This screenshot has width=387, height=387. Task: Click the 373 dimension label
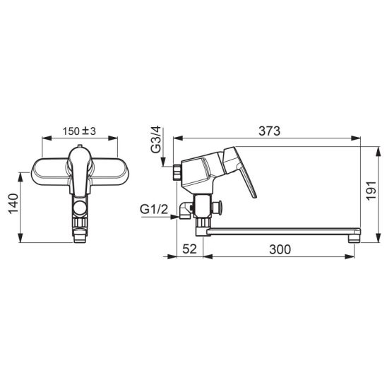click(x=269, y=131)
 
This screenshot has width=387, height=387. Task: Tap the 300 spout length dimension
click(x=280, y=249)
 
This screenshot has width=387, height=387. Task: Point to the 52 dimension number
click(x=189, y=249)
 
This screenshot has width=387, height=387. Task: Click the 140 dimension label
click(x=13, y=204)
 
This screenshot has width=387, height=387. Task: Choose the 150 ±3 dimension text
click(x=79, y=131)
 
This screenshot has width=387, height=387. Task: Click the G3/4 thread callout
click(x=156, y=139)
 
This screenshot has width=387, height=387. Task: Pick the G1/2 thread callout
click(x=154, y=210)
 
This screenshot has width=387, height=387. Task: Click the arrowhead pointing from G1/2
click(x=174, y=217)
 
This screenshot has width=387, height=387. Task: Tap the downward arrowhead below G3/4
click(x=163, y=162)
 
